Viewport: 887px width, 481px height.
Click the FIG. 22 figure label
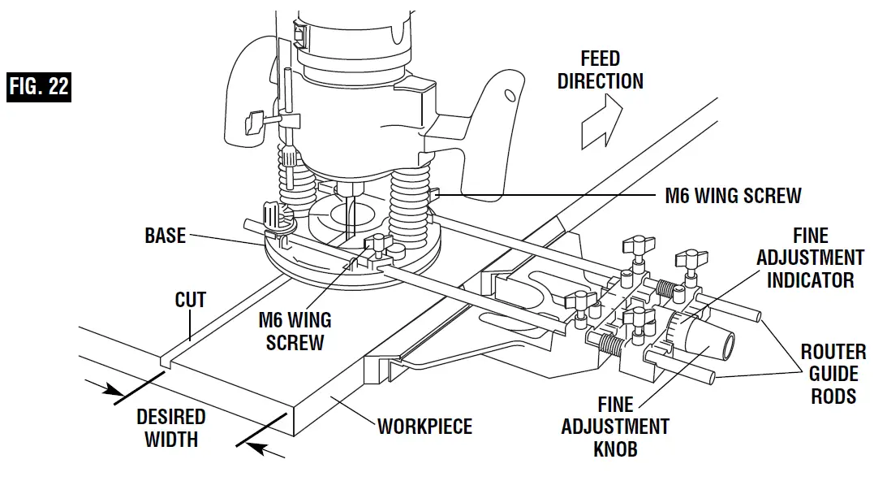(39, 87)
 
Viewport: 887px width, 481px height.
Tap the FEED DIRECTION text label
(601, 70)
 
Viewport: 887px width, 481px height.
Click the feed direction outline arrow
(602, 121)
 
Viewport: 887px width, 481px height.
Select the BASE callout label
(166, 236)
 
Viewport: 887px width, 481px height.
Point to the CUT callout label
(191, 300)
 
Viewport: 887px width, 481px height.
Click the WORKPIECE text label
(424, 427)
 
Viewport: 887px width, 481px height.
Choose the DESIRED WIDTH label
(171, 428)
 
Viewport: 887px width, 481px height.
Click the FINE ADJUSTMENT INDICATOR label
(810, 258)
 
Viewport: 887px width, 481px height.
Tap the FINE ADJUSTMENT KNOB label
(615, 427)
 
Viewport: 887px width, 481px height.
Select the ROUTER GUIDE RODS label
(833, 374)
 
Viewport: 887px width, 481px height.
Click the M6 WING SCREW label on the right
(733, 196)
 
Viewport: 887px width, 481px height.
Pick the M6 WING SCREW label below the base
(295, 331)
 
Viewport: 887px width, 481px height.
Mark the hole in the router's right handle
(510, 94)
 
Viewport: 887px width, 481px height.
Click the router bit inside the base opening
(348, 210)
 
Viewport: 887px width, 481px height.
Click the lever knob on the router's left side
(256, 123)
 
